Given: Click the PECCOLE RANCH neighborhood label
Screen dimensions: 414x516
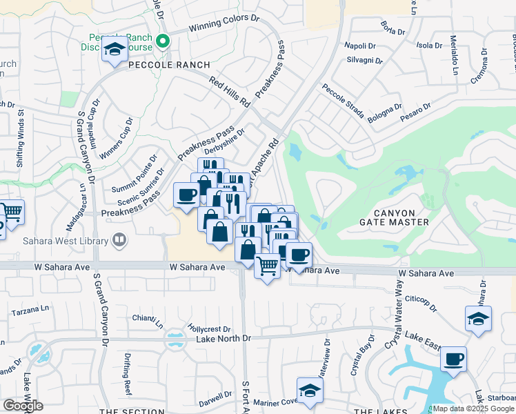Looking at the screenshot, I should tap(168, 64).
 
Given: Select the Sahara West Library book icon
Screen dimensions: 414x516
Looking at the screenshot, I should tap(119, 241).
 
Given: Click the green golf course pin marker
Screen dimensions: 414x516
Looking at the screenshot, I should tap(163, 41).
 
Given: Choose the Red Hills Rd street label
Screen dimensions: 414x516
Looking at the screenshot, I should tap(230, 90).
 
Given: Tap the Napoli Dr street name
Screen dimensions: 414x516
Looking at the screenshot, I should tap(361, 46).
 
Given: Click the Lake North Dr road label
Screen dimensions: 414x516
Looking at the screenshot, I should tap(224, 337).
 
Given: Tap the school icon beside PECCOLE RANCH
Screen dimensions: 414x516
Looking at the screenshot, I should tap(115, 50).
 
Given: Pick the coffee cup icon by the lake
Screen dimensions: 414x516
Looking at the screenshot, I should tap(453, 359).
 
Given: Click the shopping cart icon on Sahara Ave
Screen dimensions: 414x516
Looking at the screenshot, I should tap(267, 264).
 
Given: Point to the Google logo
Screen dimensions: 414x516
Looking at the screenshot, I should tap(23, 406).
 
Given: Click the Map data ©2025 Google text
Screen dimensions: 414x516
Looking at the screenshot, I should tap(473, 408).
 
